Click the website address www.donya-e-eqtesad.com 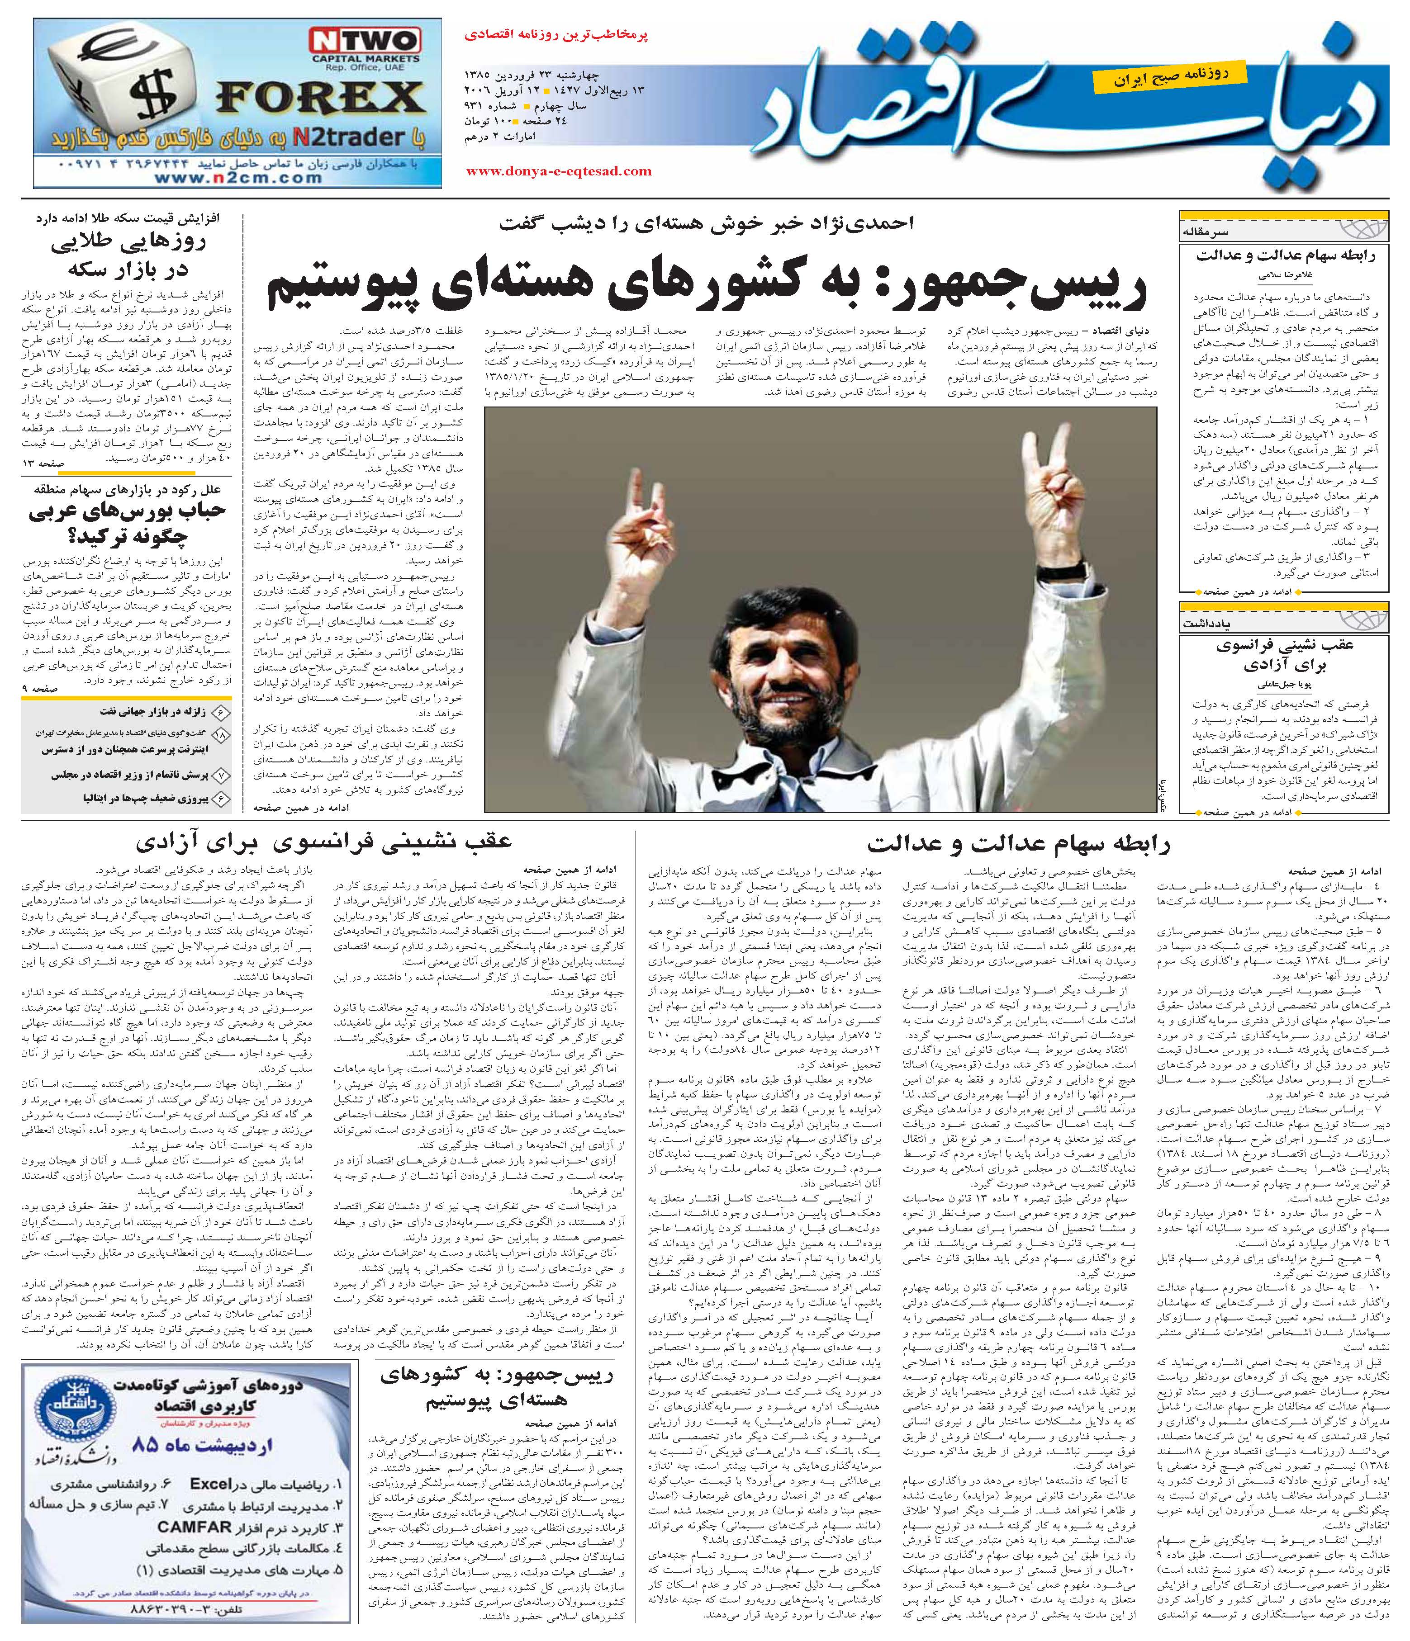(559, 171)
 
